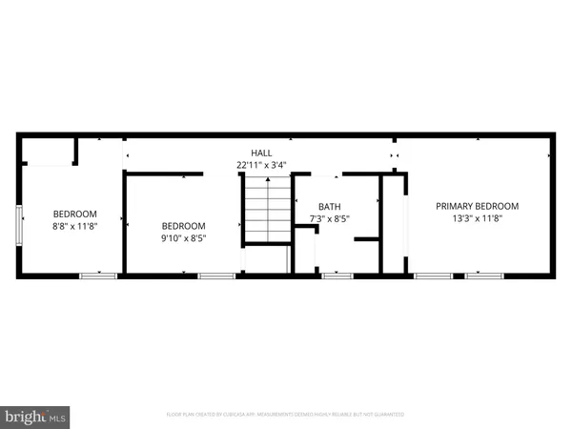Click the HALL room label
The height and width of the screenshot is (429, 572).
point(261,153)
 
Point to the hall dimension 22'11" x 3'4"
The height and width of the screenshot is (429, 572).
point(261,165)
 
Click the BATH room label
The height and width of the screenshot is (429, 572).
point(329,207)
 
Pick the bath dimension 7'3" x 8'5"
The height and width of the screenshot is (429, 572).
point(329,219)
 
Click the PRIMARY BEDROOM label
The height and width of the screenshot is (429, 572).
point(477,206)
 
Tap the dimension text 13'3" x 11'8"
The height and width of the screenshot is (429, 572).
point(477,219)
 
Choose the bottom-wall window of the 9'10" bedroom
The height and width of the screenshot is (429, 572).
point(216,276)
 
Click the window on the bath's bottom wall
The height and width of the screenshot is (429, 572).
point(337,276)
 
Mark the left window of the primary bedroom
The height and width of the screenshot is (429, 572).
point(433,276)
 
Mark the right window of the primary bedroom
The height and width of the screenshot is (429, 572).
point(484,276)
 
